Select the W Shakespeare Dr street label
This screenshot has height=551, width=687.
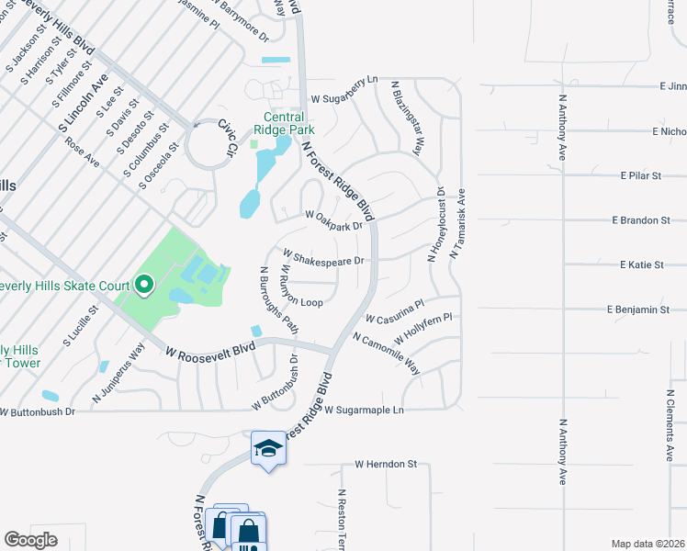[x=324, y=256]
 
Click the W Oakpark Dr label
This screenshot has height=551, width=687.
[x=333, y=221]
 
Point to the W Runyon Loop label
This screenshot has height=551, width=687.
[x=298, y=287]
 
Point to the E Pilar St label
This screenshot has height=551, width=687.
[x=641, y=174]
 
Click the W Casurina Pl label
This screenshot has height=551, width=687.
[x=394, y=311]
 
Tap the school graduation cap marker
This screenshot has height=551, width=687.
[x=267, y=448]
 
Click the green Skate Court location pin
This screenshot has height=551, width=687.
[x=143, y=286]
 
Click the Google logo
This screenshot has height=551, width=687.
[x=30, y=540]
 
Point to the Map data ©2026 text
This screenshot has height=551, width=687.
[x=648, y=544]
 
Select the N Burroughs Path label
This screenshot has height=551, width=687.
[x=279, y=298]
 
